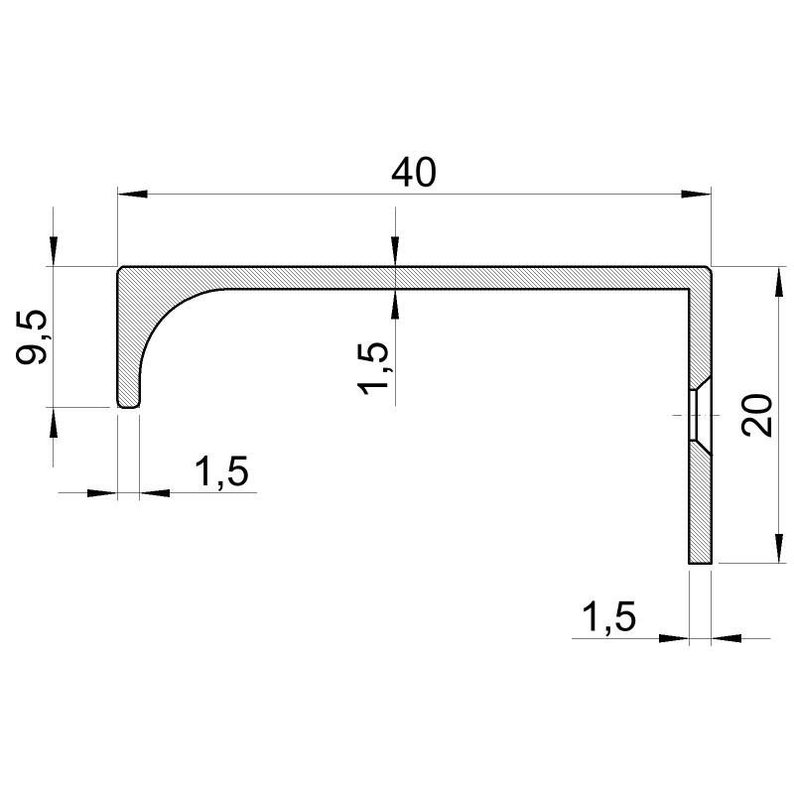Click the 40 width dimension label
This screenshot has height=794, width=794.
tap(413, 172)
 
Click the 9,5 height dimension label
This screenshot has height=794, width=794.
tap(32, 337)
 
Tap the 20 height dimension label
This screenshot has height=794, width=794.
tap(756, 414)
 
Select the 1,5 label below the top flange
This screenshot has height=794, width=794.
tap(373, 368)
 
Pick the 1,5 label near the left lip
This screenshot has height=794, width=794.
tap(221, 471)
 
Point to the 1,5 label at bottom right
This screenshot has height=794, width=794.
tap(608, 616)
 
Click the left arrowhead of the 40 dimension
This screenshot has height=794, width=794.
tap(132, 194)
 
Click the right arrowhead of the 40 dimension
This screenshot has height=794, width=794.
tap(697, 194)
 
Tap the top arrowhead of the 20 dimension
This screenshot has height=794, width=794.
tap(779, 281)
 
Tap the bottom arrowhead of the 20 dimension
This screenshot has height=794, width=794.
tap(779, 548)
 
